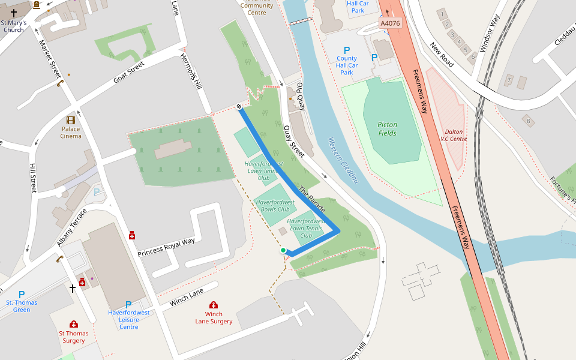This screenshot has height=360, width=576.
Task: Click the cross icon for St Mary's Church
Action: point(14,13)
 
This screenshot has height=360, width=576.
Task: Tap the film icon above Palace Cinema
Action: point(71,119)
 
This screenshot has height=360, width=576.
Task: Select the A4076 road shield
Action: point(390,23)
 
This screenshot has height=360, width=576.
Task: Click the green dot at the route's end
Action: point(283,250)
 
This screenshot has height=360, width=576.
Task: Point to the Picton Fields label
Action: point(387,129)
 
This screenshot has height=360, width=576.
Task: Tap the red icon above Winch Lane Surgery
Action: point(214,305)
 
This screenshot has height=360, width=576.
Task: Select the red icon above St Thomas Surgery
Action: point(73,324)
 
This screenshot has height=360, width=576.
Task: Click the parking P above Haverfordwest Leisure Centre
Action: point(128,304)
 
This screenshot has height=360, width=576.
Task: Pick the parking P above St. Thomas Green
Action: point(22,294)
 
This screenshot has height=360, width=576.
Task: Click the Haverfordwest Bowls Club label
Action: point(275,206)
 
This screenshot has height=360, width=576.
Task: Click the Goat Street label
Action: point(129,73)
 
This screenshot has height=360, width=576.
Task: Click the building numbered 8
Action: point(529,121)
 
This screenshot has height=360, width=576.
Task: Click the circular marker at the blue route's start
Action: point(239,107)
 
